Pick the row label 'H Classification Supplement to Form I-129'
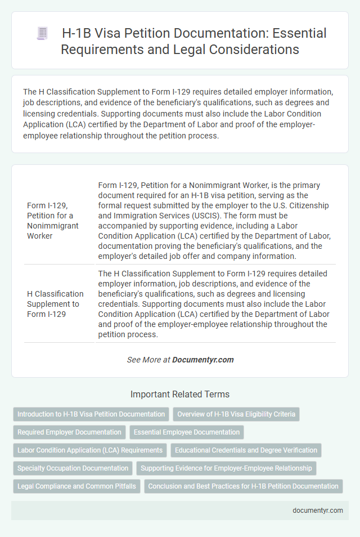(x=55, y=304)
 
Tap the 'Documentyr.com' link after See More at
(x=203, y=360)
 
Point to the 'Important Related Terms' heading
(x=180, y=394)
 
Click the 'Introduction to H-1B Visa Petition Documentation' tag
(x=91, y=414)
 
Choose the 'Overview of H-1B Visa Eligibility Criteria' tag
(x=236, y=414)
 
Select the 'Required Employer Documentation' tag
(x=69, y=432)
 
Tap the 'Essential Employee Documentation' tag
(x=186, y=432)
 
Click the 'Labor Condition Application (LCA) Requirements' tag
(x=90, y=450)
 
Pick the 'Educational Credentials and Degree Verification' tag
(x=246, y=450)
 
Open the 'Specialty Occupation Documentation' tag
(x=73, y=468)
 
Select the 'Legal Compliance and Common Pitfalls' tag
(x=76, y=486)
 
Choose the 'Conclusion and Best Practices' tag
(x=244, y=486)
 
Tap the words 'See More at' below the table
(x=148, y=360)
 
